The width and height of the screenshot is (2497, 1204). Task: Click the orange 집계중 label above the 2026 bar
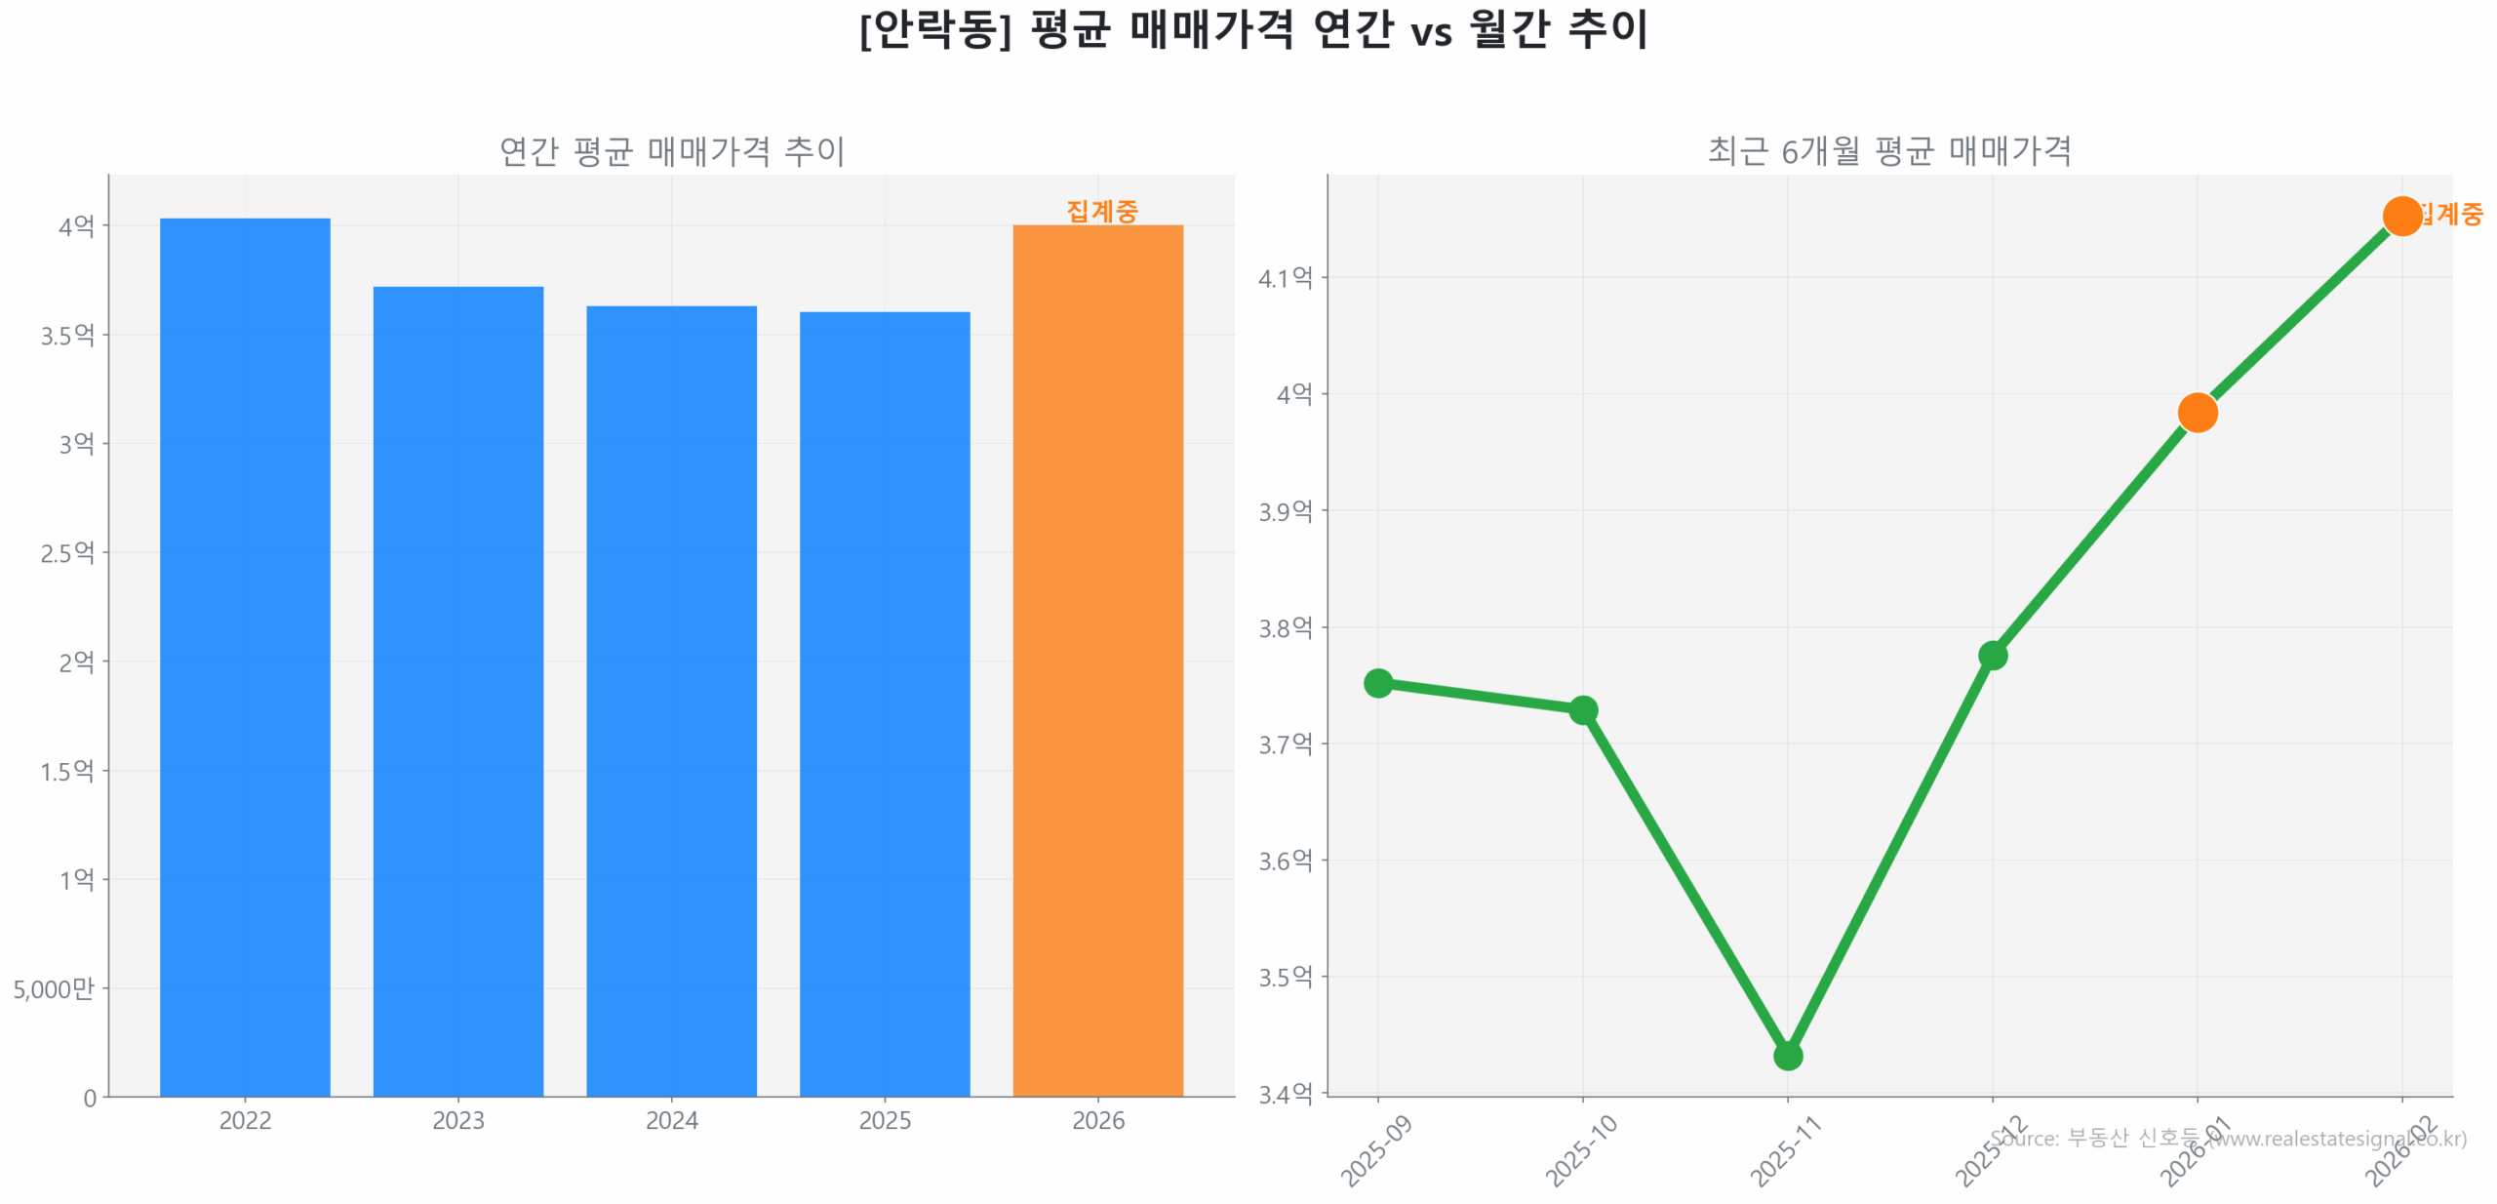(1101, 211)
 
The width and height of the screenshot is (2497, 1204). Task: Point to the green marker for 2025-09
(1377, 682)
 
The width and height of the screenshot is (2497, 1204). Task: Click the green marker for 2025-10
(1582, 709)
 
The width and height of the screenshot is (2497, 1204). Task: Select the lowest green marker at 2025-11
(1787, 1055)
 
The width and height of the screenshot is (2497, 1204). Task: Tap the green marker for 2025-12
(1992, 655)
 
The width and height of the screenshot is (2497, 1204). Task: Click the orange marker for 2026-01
(2197, 413)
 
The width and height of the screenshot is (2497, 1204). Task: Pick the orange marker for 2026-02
(2401, 216)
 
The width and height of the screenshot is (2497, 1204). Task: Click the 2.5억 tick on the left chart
(67, 553)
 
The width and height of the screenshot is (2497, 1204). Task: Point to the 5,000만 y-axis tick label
(54, 988)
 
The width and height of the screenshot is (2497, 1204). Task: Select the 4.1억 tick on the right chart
(1285, 278)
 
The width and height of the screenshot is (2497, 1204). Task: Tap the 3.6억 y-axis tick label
(1285, 861)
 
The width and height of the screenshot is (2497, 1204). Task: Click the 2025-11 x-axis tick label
(1785, 1151)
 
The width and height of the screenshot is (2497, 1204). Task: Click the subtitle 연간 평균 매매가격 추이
(671, 151)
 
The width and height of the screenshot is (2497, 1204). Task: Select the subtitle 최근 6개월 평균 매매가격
(1888, 151)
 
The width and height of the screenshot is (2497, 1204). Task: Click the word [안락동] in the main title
(934, 29)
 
